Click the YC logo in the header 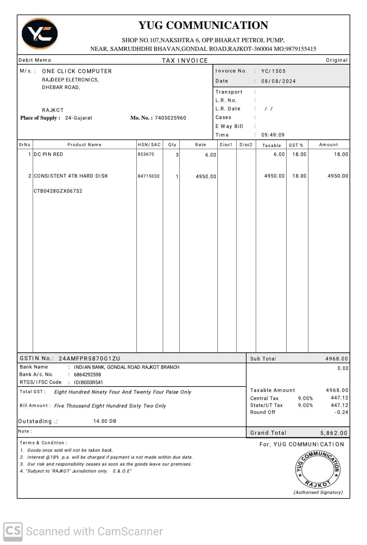(40, 34)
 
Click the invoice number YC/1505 (273, 71)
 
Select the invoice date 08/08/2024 (278, 81)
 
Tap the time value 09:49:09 (273, 135)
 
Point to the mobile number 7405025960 (170, 118)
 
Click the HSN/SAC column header (149, 145)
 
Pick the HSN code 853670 (146, 154)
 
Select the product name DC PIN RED (48, 154)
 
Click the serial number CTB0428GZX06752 (58, 191)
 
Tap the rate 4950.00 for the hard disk (206, 176)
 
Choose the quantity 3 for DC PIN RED (177, 155)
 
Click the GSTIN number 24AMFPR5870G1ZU (89, 358)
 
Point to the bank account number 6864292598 (87, 375)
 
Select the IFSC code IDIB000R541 (88, 382)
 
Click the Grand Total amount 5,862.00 (333, 433)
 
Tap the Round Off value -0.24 (341, 412)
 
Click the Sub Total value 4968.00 (336, 359)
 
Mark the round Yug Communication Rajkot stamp (318, 469)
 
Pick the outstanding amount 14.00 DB (105, 421)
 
